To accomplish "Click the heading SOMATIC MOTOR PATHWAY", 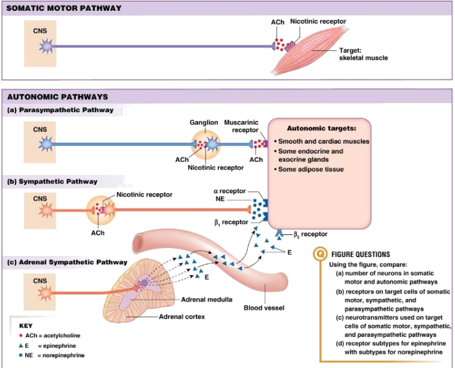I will (63, 8).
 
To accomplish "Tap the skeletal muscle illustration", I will (306, 54).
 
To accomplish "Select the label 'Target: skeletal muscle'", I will (363, 54).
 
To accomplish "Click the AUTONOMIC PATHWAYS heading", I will (57, 96).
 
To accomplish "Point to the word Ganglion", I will (203, 122).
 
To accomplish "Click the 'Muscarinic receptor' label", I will (241, 126).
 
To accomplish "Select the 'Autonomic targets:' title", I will (322, 128).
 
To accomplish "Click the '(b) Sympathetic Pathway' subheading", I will (51, 181).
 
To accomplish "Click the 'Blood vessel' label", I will (264, 308).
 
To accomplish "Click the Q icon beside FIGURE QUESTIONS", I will (321, 254).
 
